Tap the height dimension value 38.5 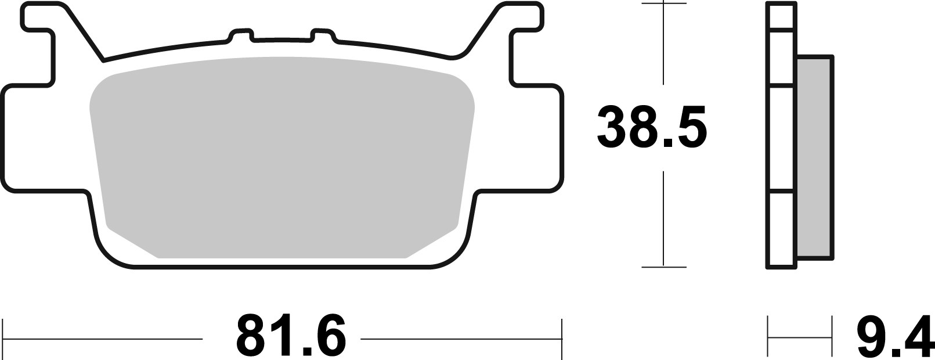tap(652, 126)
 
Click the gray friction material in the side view tap(815, 157)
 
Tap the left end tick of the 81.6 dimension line tap(5, 336)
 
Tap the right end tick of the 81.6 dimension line tap(562, 336)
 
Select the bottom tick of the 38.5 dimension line tap(663, 267)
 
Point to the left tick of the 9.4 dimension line tap(768, 336)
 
